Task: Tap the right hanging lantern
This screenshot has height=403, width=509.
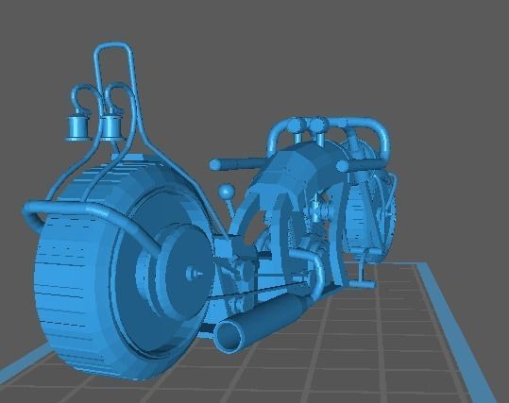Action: (x=111, y=126)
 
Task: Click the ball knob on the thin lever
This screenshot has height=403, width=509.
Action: (x=227, y=192)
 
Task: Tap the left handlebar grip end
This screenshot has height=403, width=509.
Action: (x=216, y=164)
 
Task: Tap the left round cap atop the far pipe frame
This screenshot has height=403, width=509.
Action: (x=297, y=125)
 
